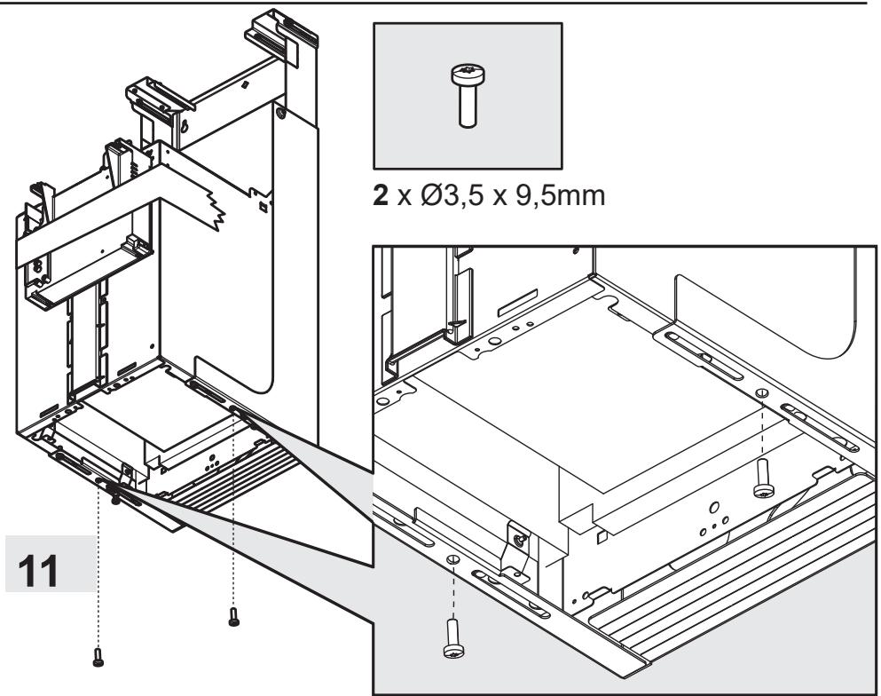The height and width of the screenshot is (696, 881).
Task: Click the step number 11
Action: click(38, 571)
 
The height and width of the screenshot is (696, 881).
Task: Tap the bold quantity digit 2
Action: click(381, 195)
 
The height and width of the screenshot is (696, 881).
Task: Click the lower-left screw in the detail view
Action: click(454, 638)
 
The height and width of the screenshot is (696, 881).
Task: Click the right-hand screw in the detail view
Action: click(763, 478)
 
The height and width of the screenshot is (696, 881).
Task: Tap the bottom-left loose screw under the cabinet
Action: click(98, 658)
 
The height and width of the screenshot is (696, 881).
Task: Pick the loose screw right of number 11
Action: click(233, 617)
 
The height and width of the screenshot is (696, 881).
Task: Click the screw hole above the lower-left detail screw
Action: click(453, 559)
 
